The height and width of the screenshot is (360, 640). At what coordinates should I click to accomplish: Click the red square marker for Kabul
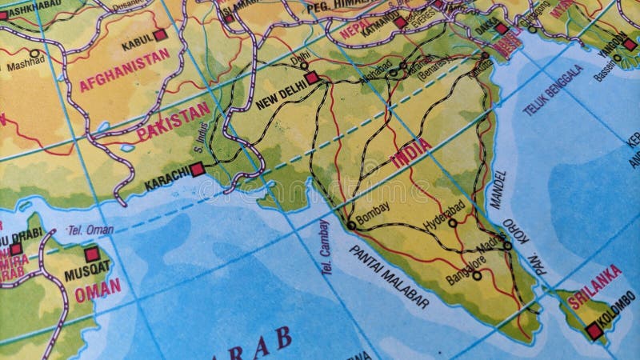click(161, 35)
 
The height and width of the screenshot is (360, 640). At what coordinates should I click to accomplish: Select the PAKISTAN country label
click(173, 122)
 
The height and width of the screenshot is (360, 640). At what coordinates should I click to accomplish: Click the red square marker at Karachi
click(197, 169)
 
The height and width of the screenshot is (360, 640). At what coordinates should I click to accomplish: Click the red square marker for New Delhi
click(311, 77)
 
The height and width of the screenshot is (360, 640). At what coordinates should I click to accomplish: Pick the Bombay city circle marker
click(350, 226)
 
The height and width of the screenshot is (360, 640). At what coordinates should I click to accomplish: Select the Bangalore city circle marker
click(477, 276)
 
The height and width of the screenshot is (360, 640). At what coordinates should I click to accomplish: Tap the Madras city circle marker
click(507, 245)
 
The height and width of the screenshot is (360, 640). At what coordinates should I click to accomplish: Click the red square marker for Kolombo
click(592, 328)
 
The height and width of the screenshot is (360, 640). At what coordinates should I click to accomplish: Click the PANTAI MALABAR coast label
click(388, 277)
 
